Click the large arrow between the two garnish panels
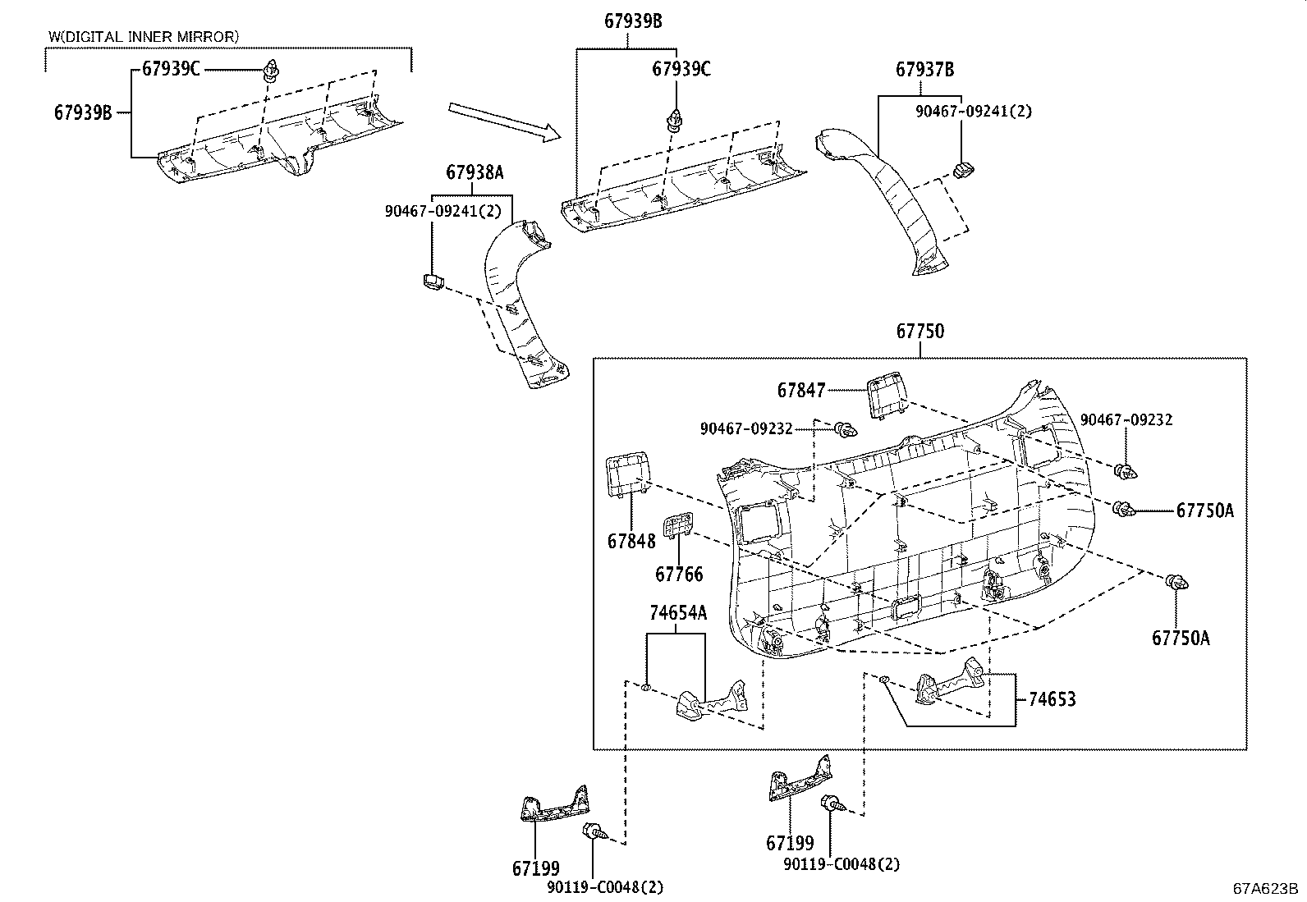click(x=502, y=121)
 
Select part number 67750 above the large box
click(x=919, y=332)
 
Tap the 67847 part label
click(x=800, y=391)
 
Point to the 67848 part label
click(x=631, y=541)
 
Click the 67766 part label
click(x=679, y=574)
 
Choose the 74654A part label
click(x=677, y=613)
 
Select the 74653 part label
click(x=1052, y=699)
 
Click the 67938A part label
click(x=475, y=172)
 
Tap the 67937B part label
click(x=924, y=71)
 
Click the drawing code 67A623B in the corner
click(x=1264, y=889)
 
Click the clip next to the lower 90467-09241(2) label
click(x=433, y=283)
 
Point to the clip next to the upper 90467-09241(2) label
click(x=964, y=170)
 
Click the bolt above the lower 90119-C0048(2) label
click(x=592, y=831)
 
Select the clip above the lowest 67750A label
click(x=1177, y=583)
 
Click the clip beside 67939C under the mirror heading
click(x=269, y=72)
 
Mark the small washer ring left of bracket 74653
click(x=883, y=680)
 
